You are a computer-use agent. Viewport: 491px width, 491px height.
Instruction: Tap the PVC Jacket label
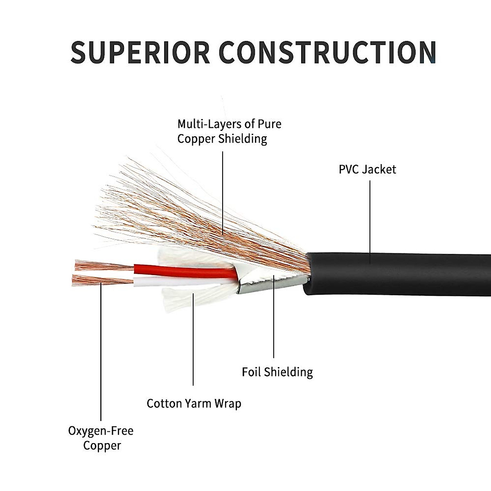tap(367, 169)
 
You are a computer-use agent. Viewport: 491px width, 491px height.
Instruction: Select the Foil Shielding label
tap(277, 372)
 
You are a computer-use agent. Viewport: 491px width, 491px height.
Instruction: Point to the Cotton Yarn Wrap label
tap(194, 403)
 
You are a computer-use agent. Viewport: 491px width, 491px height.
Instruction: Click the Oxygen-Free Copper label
tap(101, 438)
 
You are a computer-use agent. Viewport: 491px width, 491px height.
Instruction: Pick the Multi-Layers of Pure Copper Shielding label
tap(229, 131)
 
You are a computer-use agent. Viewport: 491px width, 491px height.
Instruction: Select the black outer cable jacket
tap(401, 273)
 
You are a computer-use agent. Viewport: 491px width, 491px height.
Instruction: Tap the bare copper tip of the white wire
tap(102, 280)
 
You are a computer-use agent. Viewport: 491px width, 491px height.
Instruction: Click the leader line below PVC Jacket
tap(370, 217)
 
